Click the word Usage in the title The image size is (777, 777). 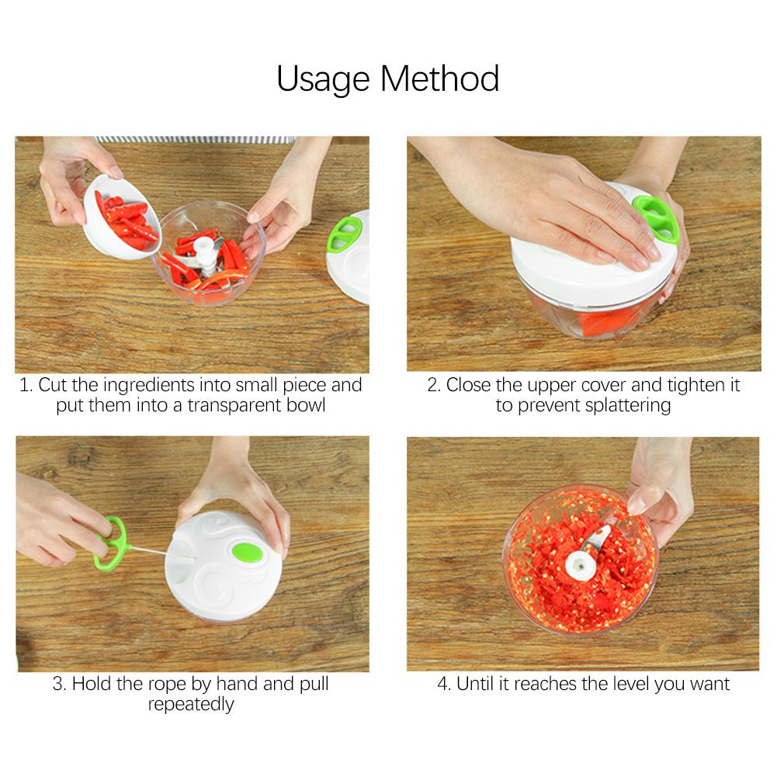point(323,80)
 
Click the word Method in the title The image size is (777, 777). point(440,78)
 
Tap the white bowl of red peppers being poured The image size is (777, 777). point(121,217)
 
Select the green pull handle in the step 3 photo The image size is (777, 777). point(113,543)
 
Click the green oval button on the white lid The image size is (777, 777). point(247,553)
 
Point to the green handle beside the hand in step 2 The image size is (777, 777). point(657,220)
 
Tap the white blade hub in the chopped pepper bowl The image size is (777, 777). point(581,565)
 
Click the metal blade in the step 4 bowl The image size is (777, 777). point(597,539)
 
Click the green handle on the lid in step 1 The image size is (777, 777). point(344,233)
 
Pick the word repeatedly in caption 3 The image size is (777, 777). point(191,705)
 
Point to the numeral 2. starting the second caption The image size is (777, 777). point(434,385)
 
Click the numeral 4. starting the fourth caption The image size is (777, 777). point(444,684)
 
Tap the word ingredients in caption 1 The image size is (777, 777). point(149,386)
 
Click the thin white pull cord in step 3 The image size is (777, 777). point(149,550)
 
